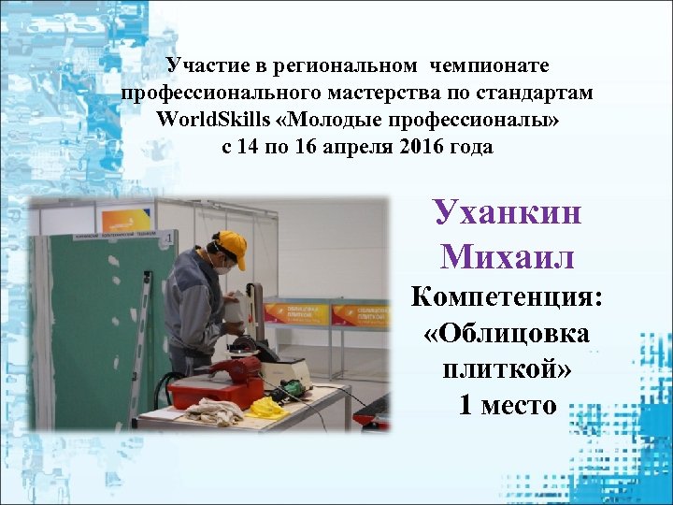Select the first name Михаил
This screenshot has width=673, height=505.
pyautogui.click(x=507, y=254)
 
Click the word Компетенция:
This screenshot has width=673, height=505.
pyautogui.click(x=507, y=298)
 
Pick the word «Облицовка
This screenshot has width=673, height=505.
pyautogui.click(x=507, y=334)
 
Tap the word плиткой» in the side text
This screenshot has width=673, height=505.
pyautogui.click(x=507, y=368)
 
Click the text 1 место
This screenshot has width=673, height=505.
pyautogui.click(x=507, y=404)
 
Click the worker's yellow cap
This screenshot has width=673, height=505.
pyautogui.click(x=231, y=245)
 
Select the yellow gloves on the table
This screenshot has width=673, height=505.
pyautogui.click(x=267, y=408)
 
